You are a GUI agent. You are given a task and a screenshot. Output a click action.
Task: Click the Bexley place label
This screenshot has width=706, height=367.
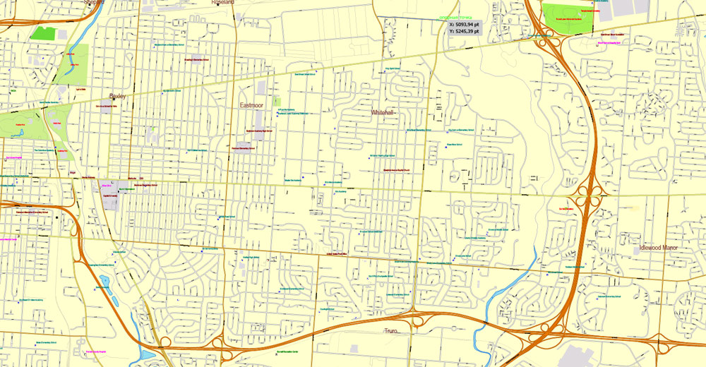[116, 96]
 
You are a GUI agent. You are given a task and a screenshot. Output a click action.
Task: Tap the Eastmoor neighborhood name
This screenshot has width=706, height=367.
[251, 106]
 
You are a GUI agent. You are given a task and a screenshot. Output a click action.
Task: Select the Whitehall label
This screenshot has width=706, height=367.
[383, 112]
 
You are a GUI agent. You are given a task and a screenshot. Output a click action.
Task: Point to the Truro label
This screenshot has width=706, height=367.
[391, 330]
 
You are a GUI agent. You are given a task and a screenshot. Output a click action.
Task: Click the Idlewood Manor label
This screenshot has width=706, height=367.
[662, 248]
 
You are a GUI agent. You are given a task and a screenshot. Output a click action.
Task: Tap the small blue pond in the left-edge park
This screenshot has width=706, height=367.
[105, 281]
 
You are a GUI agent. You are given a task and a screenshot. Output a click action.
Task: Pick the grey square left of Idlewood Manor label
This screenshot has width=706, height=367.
[637, 249]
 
